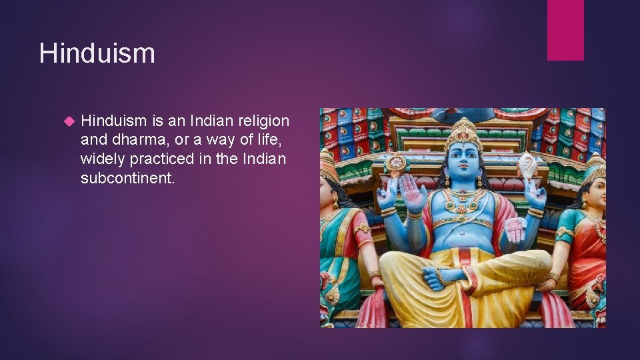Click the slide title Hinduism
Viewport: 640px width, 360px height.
[97, 53]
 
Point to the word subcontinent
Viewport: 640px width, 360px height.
[127, 178]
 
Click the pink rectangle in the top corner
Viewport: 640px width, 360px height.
[565, 30]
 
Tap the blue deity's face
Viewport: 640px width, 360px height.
[465, 163]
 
